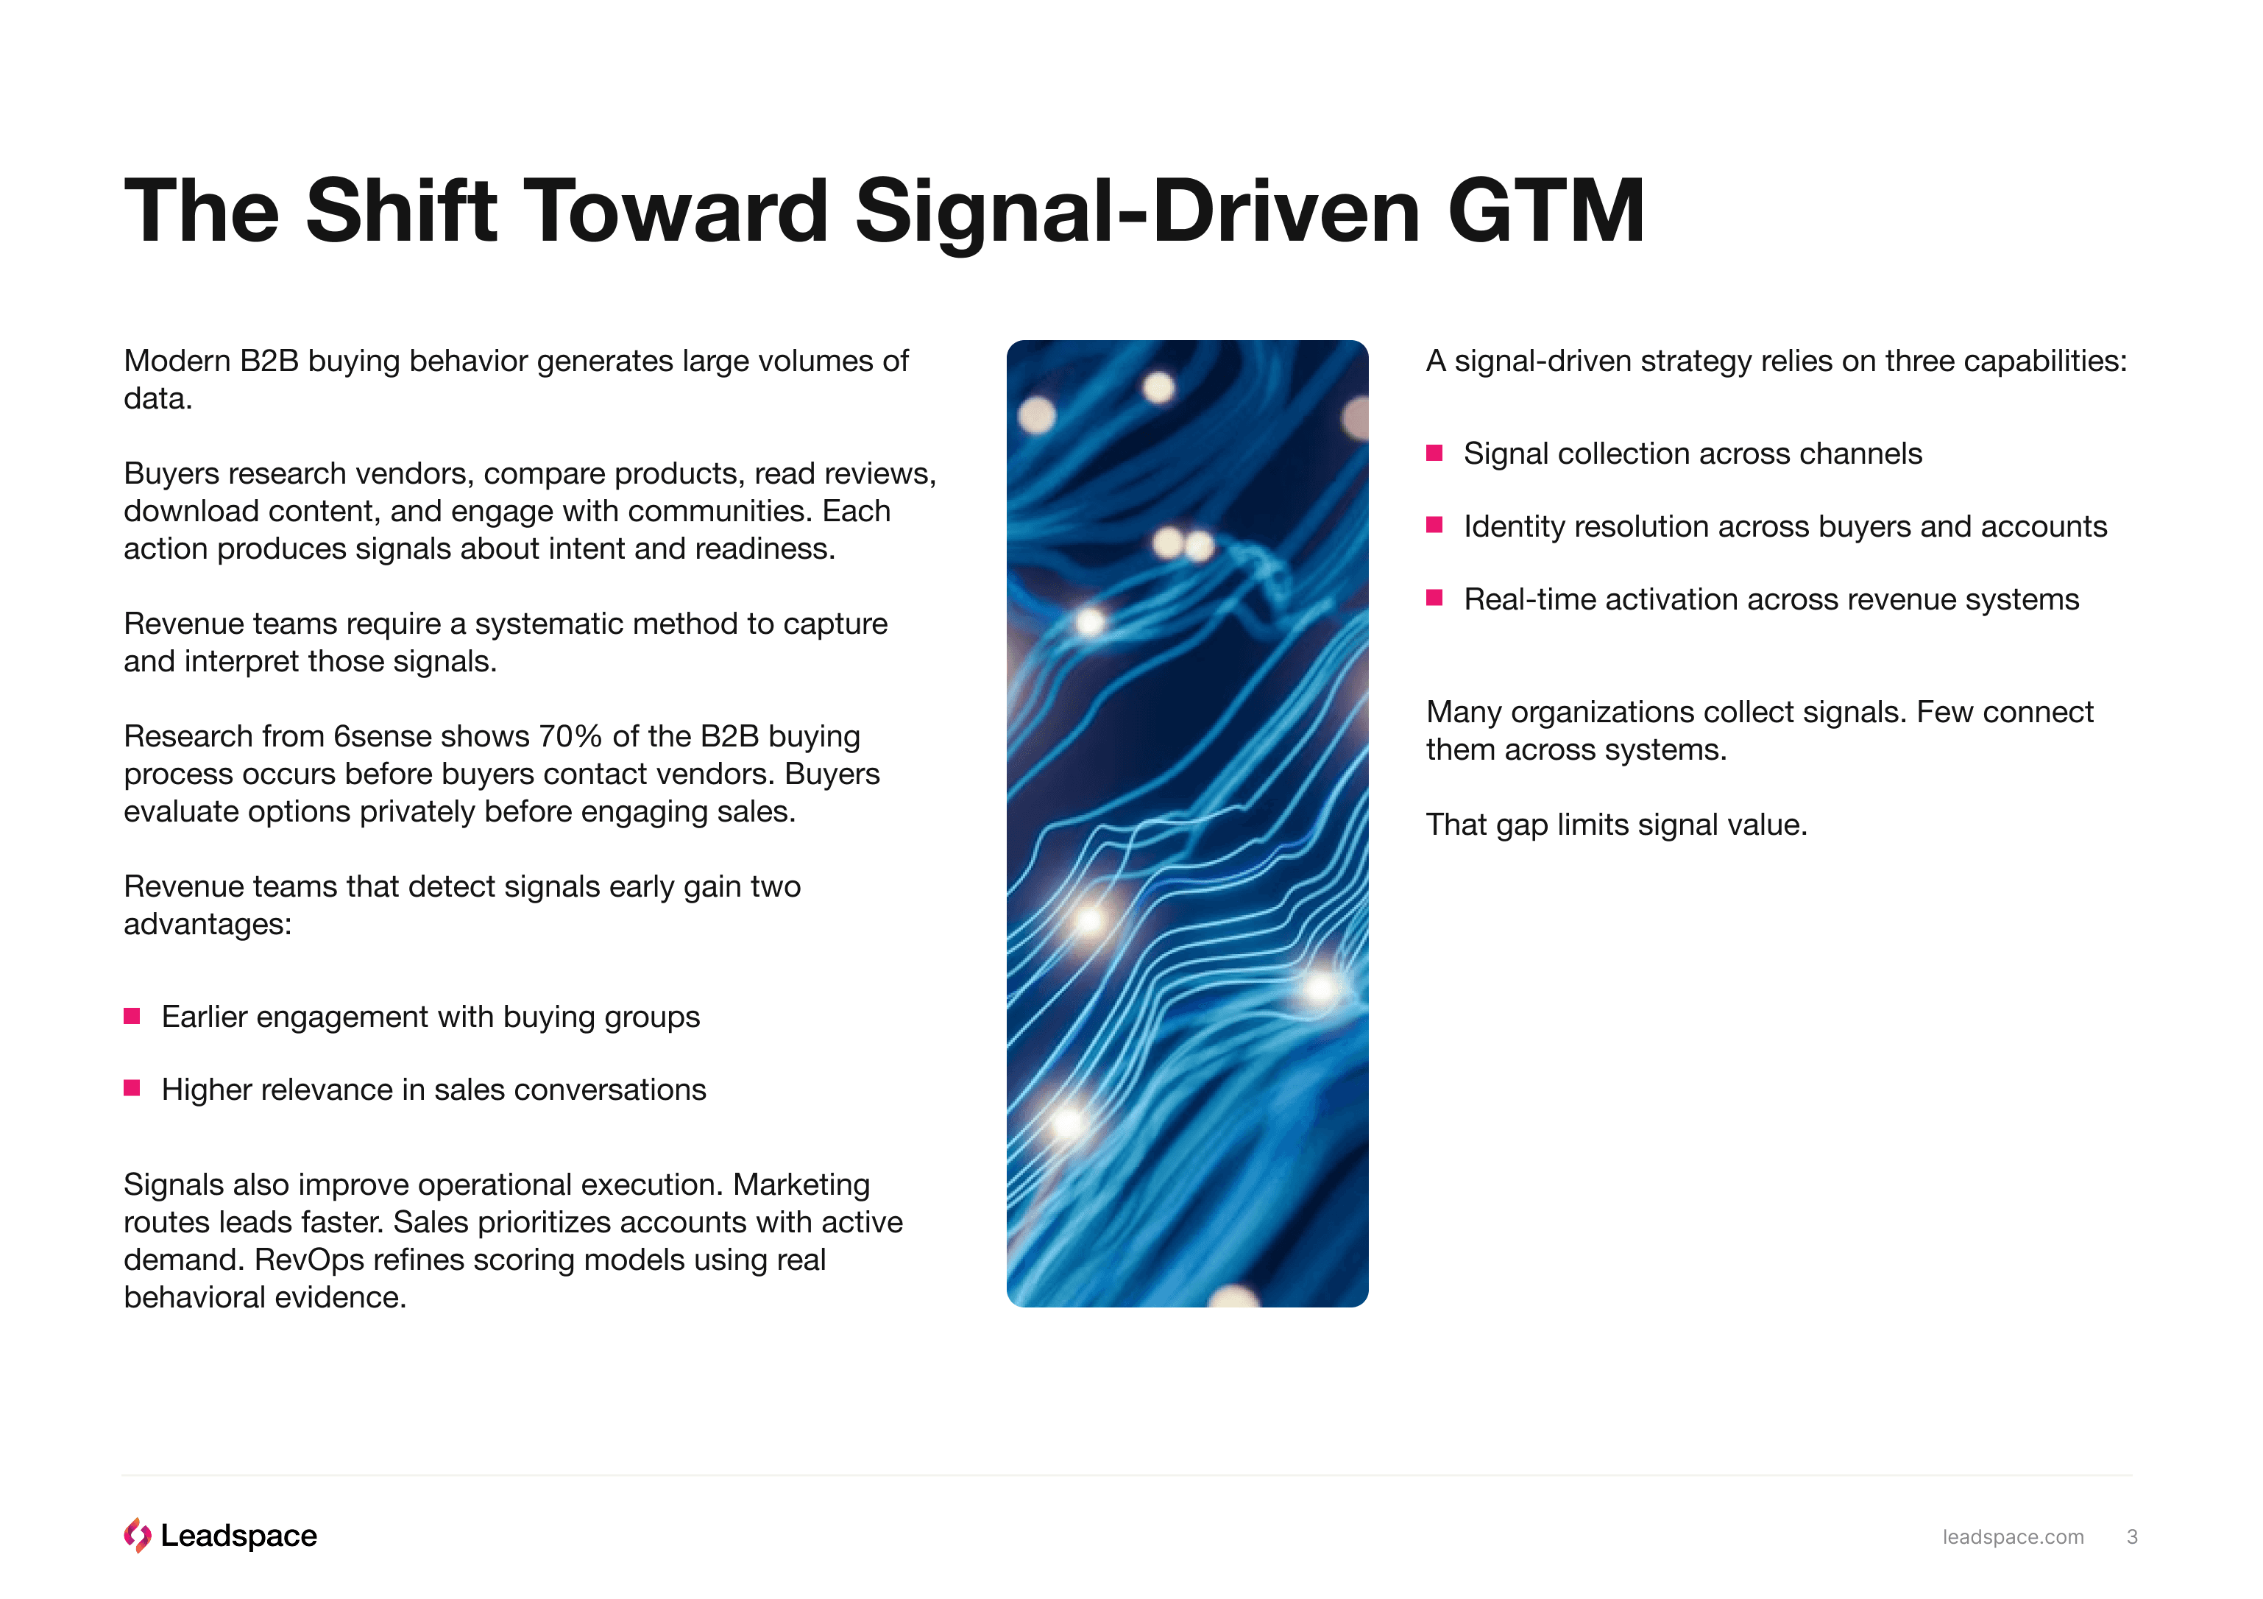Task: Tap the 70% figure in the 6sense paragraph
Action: tap(570, 736)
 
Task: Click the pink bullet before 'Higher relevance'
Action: tap(132, 1088)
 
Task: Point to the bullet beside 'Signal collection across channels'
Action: tap(1435, 453)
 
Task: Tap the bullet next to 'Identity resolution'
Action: tap(1435, 526)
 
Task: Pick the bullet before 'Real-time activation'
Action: tap(1435, 599)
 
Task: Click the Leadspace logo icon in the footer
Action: tap(137, 1535)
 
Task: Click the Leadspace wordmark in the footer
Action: tap(238, 1536)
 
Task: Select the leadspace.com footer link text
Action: tap(2013, 1537)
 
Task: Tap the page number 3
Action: tap(2132, 1537)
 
